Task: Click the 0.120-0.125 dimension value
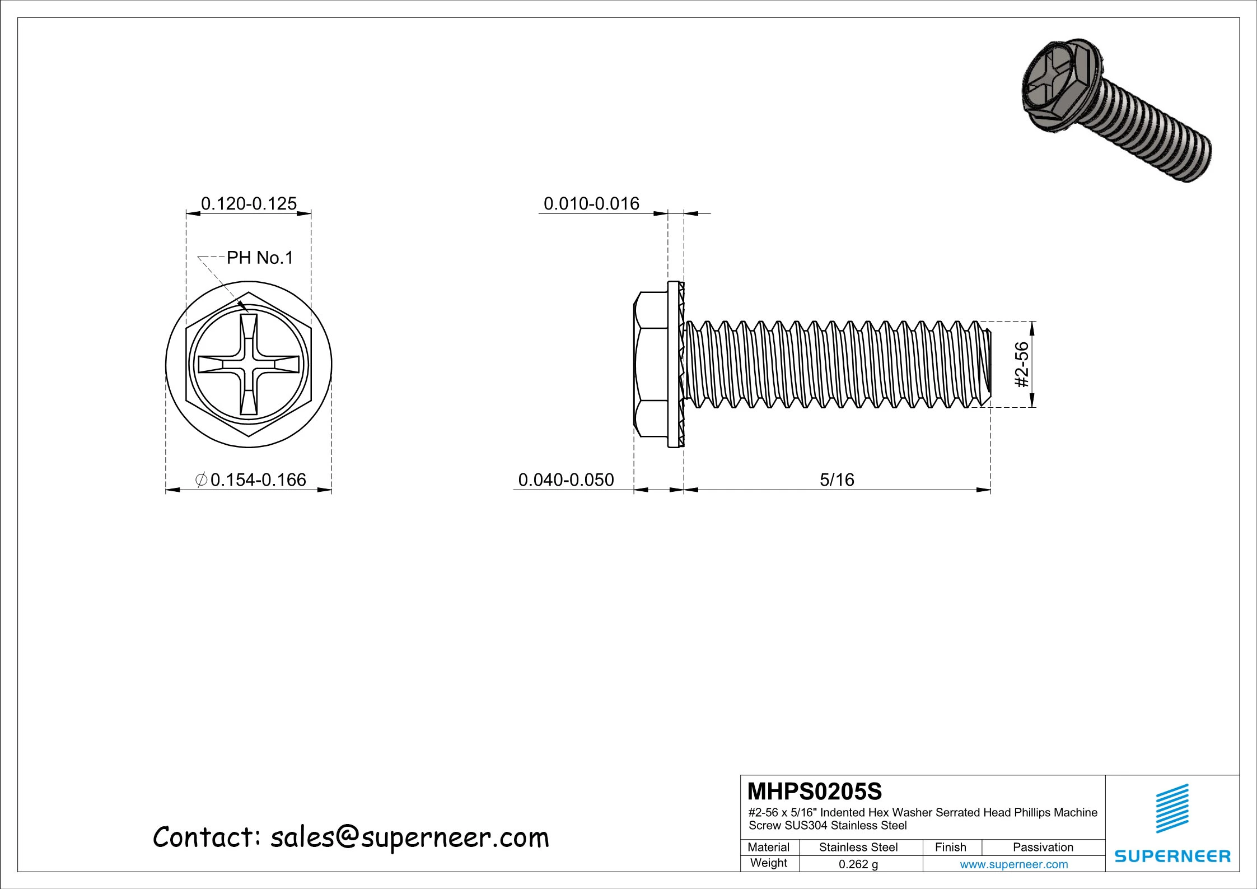point(249,203)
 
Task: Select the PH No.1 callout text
point(260,258)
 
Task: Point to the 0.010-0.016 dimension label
point(591,203)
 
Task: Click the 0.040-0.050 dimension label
point(566,480)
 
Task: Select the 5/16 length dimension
point(837,480)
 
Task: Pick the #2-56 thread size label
point(1022,365)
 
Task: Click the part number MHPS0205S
point(815,792)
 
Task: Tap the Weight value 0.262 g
point(858,864)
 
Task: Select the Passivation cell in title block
point(1043,847)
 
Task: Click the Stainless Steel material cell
point(858,847)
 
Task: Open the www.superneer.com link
point(1013,864)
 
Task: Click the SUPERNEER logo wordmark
point(1172,856)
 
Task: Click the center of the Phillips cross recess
point(249,365)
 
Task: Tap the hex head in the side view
point(651,365)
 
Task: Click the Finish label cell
point(951,847)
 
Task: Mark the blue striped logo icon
point(1172,808)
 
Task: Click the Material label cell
point(768,847)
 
